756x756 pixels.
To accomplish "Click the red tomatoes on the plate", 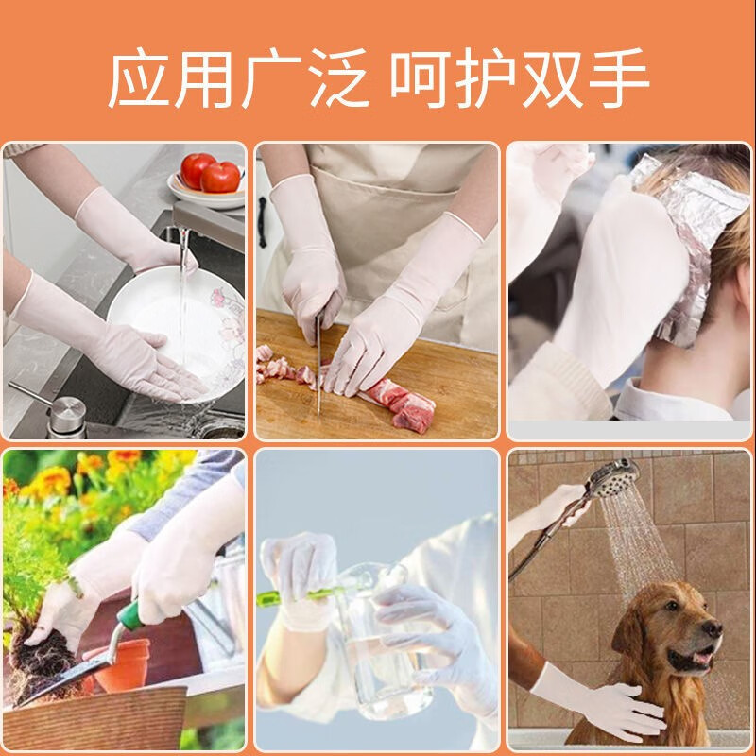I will [x=210, y=174].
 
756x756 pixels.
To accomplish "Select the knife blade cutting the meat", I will [x=318, y=369].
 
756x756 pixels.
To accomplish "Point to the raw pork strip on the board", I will [x=402, y=402].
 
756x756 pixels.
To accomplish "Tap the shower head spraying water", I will [x=611, y=476].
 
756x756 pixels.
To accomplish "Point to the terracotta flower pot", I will [x=128, y=661].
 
